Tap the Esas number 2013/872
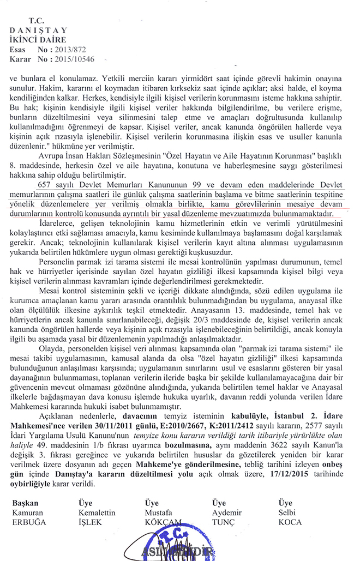pos(79,49)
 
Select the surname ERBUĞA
pos(29,522)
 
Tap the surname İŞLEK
pos(91,522)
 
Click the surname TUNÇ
pos(223,522)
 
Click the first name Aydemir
pos(227,512)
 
